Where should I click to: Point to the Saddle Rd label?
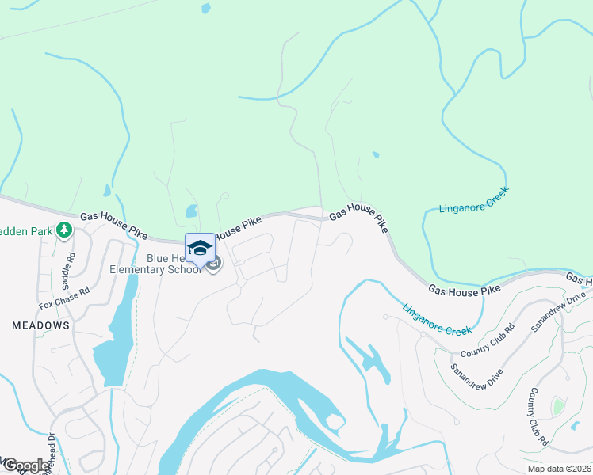[x=70, y=269]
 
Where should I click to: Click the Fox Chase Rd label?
[x=65, y=298]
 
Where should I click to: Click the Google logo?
[x=25, y=465]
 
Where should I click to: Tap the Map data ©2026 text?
[x=559, y=469]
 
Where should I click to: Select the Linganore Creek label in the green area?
[x=474, y=200]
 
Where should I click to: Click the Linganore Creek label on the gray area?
[x=437, y=319]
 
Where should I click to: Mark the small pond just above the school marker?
[x=190, y=211]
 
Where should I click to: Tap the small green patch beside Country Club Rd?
[x=560, y=407]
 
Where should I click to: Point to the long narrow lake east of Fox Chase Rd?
[x=117, y=332]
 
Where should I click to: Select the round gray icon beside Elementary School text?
[x=213, y=264]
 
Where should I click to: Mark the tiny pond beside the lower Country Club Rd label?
[x=574, y=426]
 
